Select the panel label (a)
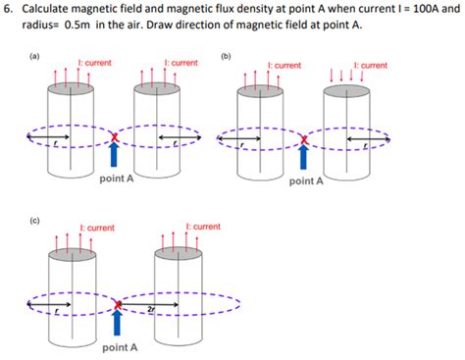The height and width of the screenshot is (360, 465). [x=34, y=57]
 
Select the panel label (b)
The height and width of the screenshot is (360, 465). [x=227, y=57]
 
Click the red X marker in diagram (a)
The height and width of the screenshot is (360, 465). [x=117, y=137]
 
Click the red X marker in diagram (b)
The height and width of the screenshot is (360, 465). [x=304, y=140]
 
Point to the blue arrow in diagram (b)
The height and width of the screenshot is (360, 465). [x=304, y=160]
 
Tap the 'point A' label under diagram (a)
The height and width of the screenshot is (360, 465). [x=117, y=179]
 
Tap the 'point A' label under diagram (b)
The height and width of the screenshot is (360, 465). [x=304, y=181]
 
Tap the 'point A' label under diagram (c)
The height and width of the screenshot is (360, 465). [x=120, y=347]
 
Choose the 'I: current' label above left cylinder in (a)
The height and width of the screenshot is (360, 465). [x=92, y=63]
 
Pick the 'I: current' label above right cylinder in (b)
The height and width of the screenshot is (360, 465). [x=368, y=66]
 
